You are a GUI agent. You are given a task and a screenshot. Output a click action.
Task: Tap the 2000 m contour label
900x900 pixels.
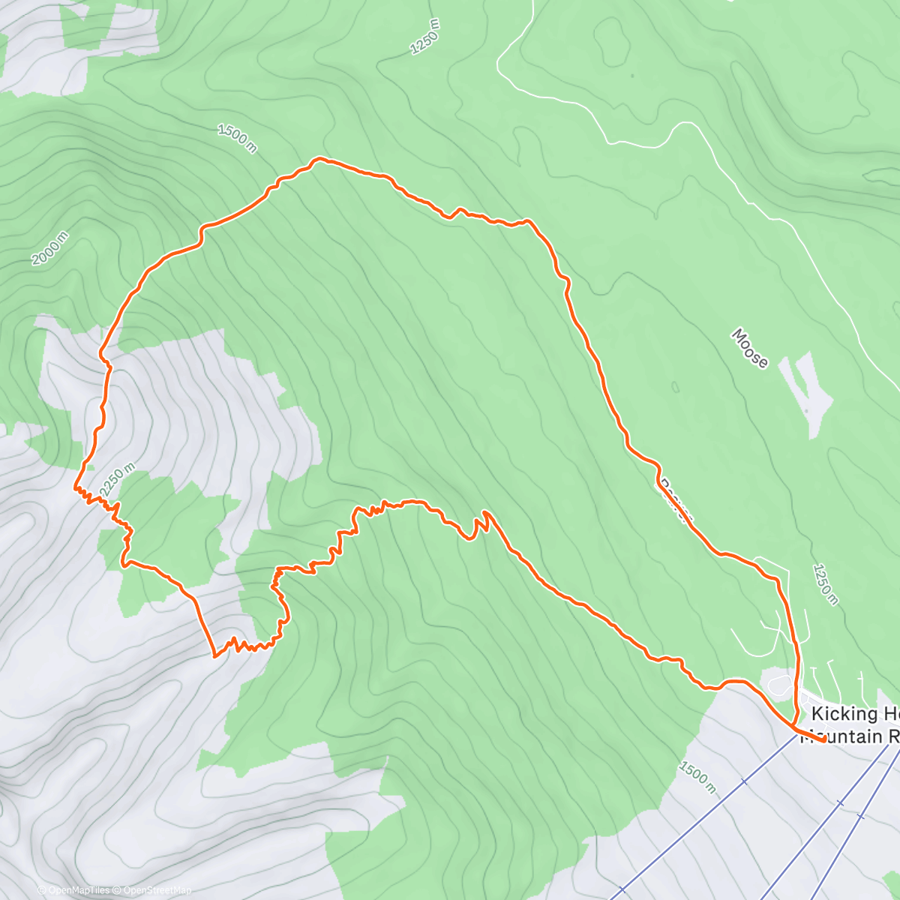[x=50, y=248]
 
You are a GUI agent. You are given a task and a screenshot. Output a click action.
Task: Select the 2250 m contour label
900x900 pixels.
[x=116, y=479]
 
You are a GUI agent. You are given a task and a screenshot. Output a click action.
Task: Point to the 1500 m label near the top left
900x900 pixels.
[x=237, y=139]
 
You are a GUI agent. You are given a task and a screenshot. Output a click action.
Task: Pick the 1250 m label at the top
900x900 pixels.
[x=424, y=37]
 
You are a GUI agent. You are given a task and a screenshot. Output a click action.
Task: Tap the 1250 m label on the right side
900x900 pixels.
[x=824, y=584]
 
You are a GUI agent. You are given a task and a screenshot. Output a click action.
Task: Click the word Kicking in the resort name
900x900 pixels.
[x=844, y=714]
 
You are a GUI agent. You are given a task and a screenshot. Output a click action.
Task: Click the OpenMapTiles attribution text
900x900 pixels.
[x=79, y=890]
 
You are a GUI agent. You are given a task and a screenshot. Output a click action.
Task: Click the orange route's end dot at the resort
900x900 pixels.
[x=823, y=739]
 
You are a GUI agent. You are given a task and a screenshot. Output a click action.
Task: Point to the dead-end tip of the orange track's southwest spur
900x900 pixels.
[x=214, y=655]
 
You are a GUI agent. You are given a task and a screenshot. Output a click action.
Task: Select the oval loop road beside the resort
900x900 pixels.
[x=780, y=684]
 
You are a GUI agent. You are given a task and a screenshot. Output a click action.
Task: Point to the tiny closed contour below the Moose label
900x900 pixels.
[x=675, y=387]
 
